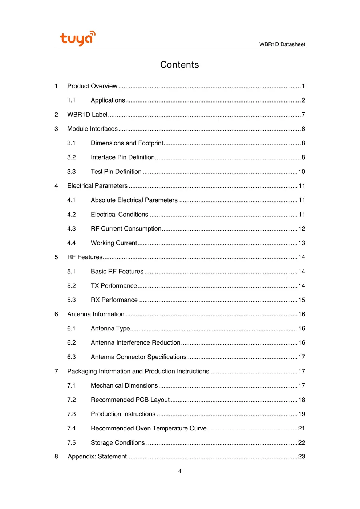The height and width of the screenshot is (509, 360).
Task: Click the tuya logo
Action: [77, 38]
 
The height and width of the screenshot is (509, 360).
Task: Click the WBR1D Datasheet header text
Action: [282, 44]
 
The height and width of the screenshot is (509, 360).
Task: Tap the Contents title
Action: [179, 65]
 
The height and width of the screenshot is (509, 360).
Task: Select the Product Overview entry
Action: [92, 86]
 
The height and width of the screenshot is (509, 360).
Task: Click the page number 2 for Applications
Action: [303, 100]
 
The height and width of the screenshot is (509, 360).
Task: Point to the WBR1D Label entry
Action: [87, 115]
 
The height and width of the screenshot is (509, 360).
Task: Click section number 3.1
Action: [71, 143]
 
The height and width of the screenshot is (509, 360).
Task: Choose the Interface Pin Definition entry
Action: [122, 157]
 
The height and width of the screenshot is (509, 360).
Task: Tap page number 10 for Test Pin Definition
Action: [302, 172]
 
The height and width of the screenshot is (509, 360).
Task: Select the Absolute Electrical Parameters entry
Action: [134, 200]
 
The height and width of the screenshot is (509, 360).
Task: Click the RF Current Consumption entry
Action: [126, 229]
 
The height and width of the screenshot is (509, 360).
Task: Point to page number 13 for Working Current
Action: [302, 243]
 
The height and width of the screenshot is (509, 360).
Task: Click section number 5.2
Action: [71, 286]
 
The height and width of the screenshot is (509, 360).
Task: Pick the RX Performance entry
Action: [114, 300]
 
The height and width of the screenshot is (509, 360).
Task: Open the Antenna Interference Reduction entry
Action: [135, 343]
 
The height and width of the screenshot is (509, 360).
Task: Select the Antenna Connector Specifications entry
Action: [138, 357]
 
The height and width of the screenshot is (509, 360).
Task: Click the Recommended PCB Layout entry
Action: [130, 400]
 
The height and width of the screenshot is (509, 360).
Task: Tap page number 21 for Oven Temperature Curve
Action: [302, 428]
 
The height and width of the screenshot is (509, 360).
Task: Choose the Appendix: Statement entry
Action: [97, 457]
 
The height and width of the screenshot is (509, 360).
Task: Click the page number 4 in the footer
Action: [180, 471]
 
